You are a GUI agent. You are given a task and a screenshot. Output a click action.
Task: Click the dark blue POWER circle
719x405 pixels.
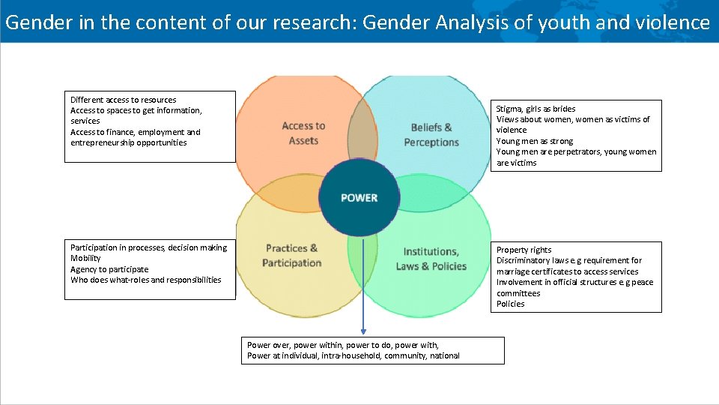[x=359, y=197]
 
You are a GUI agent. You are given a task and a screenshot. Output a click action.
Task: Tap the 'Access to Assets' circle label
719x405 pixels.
[x=303, y=133]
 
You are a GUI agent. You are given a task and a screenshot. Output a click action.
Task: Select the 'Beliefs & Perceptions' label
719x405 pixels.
[x=431, y=135]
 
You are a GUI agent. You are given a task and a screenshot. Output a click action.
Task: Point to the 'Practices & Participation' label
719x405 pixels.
[x=291, y=256]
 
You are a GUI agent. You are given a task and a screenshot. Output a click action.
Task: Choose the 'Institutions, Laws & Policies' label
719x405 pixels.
[x=431, y=259]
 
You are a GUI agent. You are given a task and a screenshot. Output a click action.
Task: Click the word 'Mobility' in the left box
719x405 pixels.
[x=85, y=258]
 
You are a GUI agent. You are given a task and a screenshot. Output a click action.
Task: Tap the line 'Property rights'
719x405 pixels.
[x=524, y=250]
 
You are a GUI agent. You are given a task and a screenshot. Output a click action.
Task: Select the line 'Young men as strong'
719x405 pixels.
[x=534, y=141]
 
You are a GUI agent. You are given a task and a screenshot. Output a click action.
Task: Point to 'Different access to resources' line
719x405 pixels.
[x=123, y=100]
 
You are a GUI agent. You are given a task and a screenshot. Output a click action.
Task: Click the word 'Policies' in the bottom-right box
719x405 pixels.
[x=510, y=304]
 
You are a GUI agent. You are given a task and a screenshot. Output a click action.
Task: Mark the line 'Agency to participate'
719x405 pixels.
[x=109, y=269]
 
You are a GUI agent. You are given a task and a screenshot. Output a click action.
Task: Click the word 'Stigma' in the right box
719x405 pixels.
[x=510, y=109]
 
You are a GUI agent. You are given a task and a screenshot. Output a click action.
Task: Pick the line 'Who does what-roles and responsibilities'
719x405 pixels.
[x=145, y=280]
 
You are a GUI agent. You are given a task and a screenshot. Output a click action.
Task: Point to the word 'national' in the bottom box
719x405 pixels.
[x=444, y=355]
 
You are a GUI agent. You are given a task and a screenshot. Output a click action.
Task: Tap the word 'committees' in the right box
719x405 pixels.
[x=518, y=293]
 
